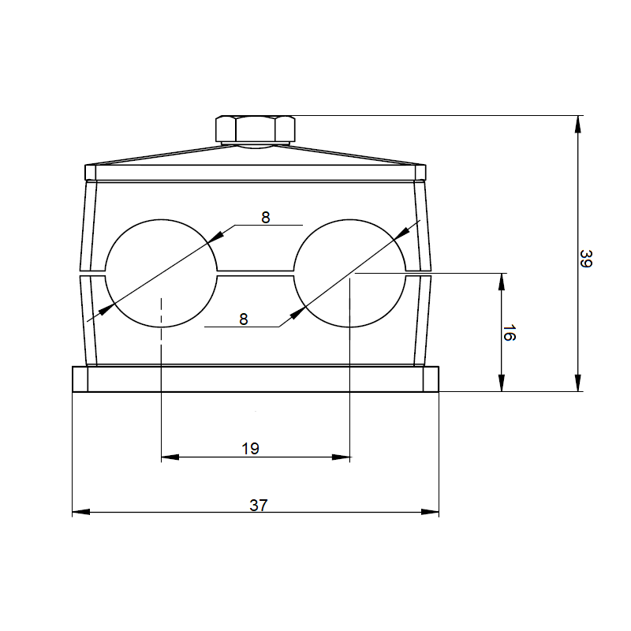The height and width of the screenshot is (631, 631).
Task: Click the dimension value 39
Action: click(586, 259)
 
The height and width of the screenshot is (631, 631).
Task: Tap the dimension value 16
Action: click(509, 333)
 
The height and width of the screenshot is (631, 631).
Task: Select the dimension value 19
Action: click(250, 448)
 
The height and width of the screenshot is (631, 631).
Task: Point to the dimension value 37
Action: click(259, 505)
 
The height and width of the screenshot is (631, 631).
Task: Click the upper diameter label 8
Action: click(266, 218)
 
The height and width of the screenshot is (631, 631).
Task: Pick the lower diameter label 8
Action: click(244, 319)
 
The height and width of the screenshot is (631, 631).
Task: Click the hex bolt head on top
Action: click(256, 129)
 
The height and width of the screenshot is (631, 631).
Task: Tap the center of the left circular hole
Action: click(161, 273)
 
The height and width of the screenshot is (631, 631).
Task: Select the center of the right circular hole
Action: click(349, 273)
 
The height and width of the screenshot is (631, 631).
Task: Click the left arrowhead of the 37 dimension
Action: click(81, 512)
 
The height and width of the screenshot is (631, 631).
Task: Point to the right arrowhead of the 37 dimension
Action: click(430, 512)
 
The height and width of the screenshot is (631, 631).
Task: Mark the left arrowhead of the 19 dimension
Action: click(170, 457)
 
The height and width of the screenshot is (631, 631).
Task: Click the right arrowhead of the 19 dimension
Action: click(341, 457)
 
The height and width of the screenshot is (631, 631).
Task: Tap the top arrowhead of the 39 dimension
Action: click(578, 125)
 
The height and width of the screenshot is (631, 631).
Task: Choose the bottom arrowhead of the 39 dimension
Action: click(578, 383)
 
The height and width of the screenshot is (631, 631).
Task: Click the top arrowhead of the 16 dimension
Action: click(502, 282)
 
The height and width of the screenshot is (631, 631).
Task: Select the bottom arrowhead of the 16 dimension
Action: click(502, 383)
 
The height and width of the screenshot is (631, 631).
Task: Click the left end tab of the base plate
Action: click(80, 379)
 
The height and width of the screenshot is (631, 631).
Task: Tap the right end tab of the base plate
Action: click(431, 379)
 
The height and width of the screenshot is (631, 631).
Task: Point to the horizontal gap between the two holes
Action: click(256, 273)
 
